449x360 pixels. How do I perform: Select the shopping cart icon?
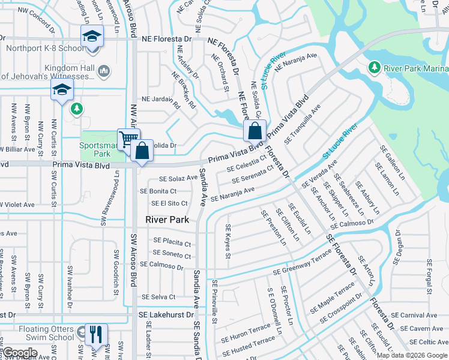128,140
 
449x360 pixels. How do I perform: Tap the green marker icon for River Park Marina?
375,67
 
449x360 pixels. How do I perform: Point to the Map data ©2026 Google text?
412,355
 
